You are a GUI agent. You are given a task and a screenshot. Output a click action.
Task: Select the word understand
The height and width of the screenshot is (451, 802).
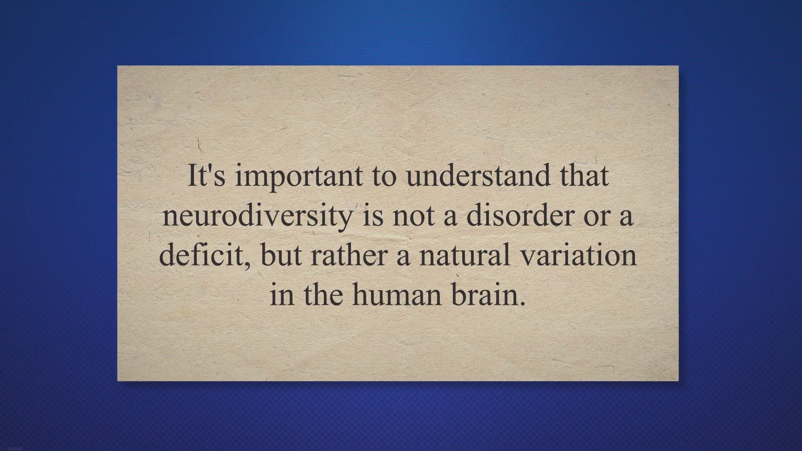[478, 176]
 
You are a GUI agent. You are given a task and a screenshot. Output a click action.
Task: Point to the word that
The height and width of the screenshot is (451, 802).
[584, 176]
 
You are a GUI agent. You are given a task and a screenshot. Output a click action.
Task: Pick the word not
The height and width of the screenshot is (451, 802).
[413, 216]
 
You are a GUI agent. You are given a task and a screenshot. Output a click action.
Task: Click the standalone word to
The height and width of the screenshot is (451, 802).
[384, 176]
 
